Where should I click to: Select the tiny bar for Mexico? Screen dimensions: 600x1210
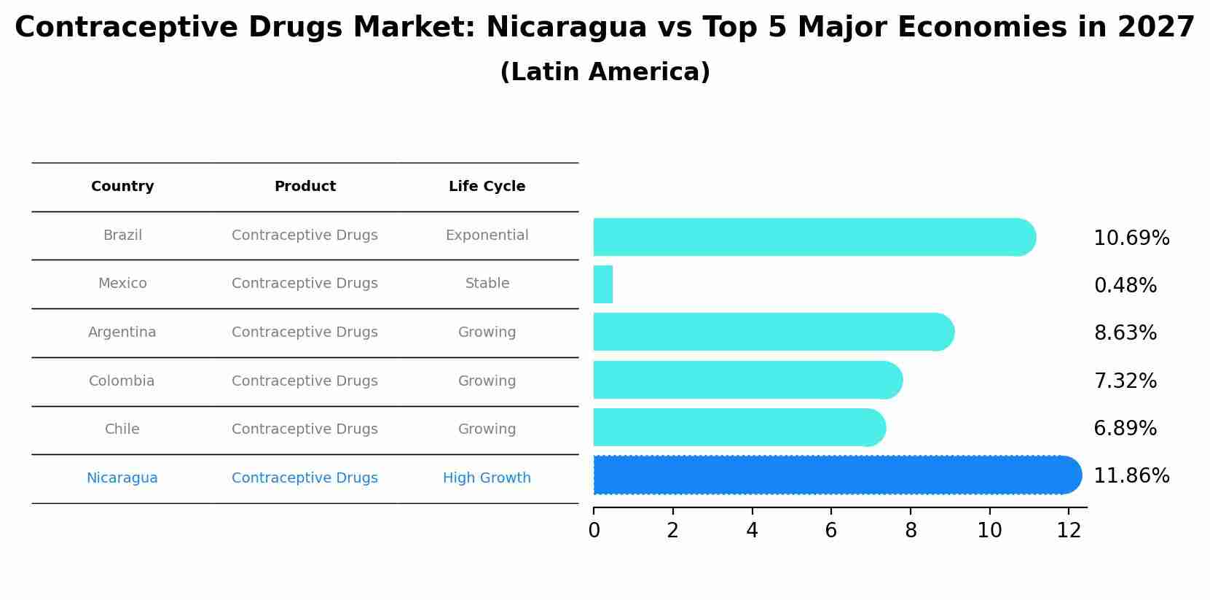(x=603, y=284)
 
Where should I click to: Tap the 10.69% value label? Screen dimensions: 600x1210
(x=1131, y=238)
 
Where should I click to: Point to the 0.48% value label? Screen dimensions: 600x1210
(x=1125, y=286)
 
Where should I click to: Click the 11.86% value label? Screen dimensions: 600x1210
(x=1131, y=476)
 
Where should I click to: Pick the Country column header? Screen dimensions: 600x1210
(x=122, y=187)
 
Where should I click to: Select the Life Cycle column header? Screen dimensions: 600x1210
(x=487, y=187)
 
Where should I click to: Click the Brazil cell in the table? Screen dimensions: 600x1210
(x=122, y=235)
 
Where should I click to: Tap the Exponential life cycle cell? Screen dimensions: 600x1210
(x=487, y=235)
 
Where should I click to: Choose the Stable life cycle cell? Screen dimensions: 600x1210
(x=487, y=284)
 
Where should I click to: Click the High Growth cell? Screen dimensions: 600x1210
(x=487, y=478)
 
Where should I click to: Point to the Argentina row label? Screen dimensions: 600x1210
(x=122, y=332)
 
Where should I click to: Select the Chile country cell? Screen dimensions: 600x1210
(x=122, y=429)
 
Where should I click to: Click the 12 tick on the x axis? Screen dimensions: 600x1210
(x=1069, y=531)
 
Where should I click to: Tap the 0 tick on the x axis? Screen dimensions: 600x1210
(x=594, y=531)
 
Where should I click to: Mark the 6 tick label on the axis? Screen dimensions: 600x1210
(x=831, y=531)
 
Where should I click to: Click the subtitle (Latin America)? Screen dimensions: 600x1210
(x=605, y=72)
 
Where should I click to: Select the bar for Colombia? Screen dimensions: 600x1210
(x=747, y=380)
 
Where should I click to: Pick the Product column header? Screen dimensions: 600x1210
(x=305, y=187)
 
